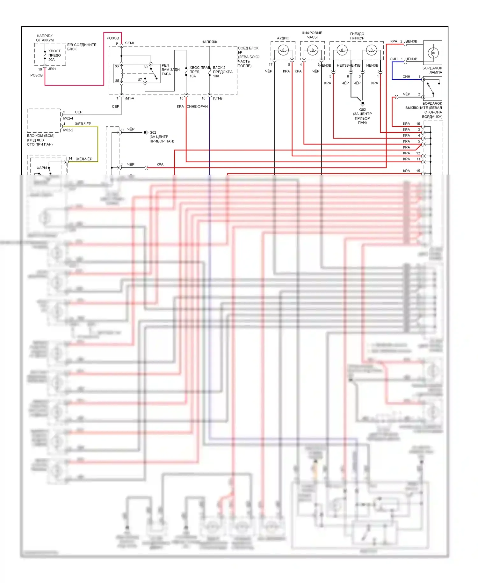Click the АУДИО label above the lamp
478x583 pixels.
[x=283, y=38]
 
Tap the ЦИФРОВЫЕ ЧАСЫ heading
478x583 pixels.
[x=312, y=35]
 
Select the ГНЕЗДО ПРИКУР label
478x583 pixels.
[x=357, y=36]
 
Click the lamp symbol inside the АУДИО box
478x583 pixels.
[x=283, y=50]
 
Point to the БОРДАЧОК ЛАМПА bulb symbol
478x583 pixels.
[x=433, y=53]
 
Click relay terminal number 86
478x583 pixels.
[x=117, y=66]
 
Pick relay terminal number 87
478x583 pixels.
[x=140, y=80]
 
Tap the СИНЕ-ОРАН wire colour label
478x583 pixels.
[x=197, y=107]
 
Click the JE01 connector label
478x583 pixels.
[x=52, y=69]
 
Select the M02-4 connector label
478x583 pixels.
[x=68, y=118]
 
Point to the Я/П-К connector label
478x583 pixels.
[x=129, y=43]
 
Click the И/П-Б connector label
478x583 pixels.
[x=218, y=98]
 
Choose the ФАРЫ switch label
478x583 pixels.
[x=41, y=168]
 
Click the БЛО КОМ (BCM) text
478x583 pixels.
[x=40, y=136]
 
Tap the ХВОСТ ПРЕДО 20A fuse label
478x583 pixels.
[x=54, y=55]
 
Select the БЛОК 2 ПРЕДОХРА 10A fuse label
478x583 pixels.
[x=222, y=72]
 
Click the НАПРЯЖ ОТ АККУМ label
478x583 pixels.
[x=45, y=38]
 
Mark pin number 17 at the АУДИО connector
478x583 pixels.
[x=271, y=65]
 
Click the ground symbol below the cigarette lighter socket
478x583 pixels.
[x=362, y=104]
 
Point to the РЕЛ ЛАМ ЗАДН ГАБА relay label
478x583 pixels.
[x=170, y=70]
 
